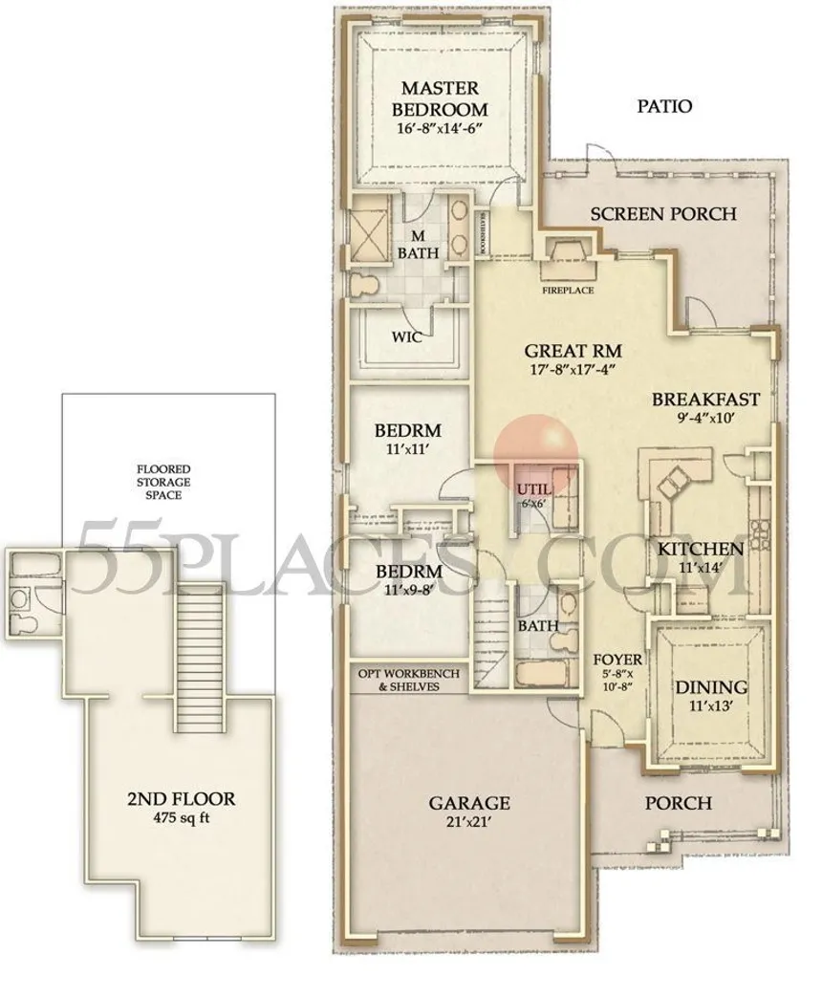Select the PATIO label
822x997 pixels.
click(x=664, y=107)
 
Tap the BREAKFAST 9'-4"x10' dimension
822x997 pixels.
click(x=706, y=418)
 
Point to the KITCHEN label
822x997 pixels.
click(x=701, y=550)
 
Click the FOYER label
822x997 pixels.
click(x=616, y=660)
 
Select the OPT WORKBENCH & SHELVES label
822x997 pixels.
click(x=408, y=680)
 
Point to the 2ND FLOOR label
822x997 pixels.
click(x=181, y=798)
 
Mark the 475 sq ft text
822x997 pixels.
click(x=181, y=818)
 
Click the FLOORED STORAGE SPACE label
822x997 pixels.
click(x=162, y=482)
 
